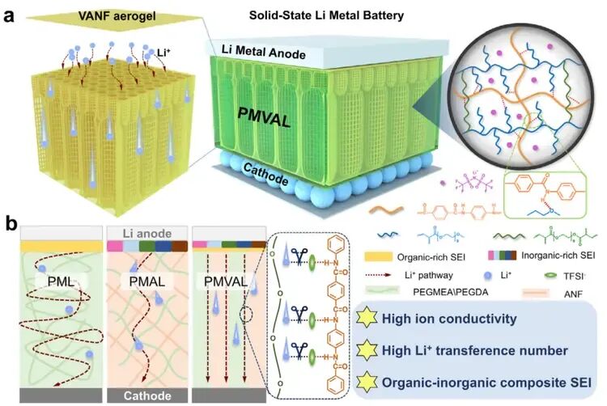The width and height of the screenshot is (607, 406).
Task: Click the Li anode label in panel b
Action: pyautogui.click(x=144, y=231)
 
